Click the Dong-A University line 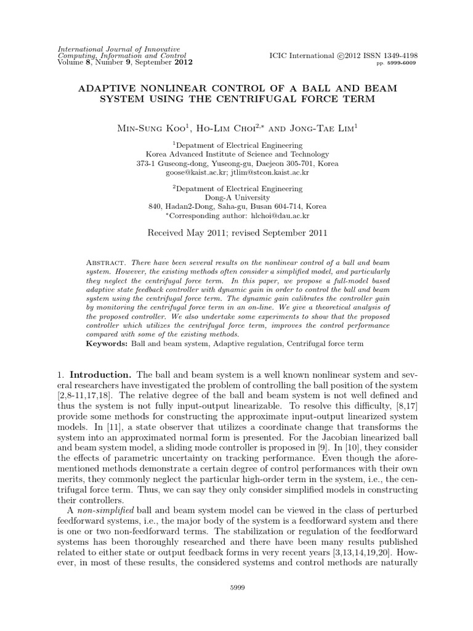(x=236, y=197)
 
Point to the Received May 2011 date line (x=236, y=234)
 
